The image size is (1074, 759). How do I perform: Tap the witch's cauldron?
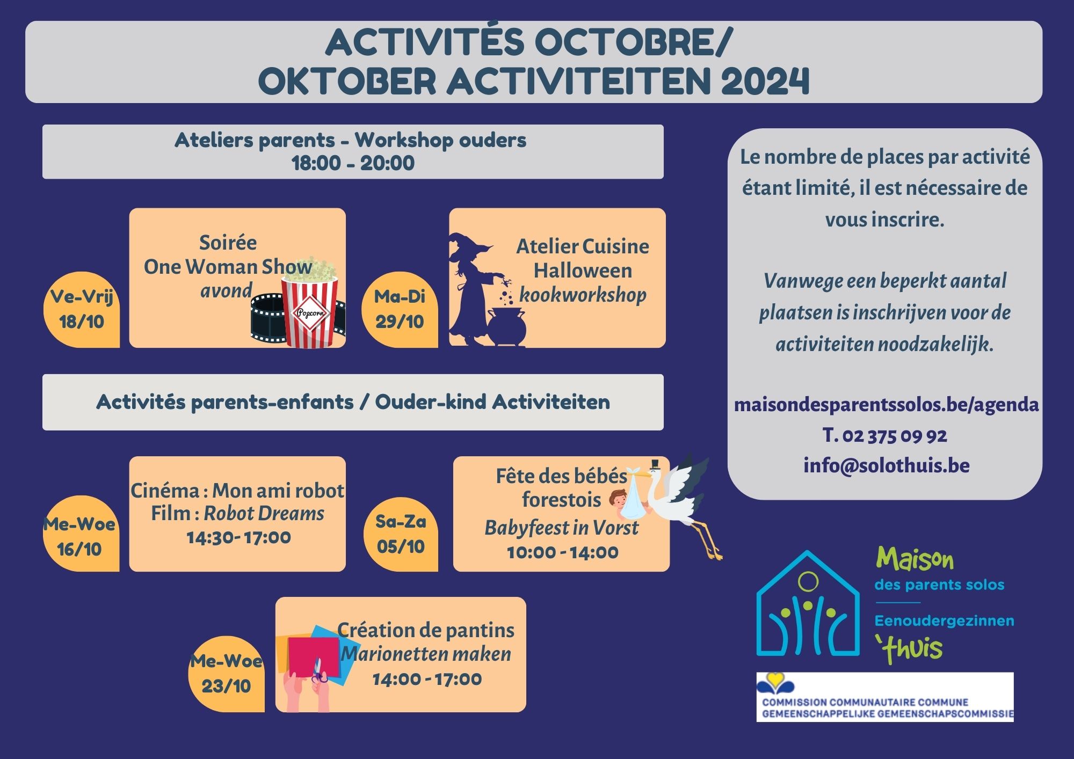coord(506,326)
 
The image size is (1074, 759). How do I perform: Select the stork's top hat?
coord(654,465)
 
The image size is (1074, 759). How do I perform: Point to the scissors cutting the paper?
coord(318,672)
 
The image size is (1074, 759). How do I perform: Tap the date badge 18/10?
coord(82,309)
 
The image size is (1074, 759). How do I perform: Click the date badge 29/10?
coord(400,309)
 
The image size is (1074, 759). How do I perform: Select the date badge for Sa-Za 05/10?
coord(401,534)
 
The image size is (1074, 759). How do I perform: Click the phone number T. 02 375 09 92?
coord(885,435)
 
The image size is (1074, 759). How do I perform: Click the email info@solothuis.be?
coord(887,465)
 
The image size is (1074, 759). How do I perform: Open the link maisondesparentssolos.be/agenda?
coord(886,405)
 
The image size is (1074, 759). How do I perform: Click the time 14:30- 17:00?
coord(238,537)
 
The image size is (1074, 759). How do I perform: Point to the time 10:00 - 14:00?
coord(562,552)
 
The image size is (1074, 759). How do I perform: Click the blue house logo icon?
coord(808,603)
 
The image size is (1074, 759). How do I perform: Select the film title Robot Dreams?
coord(264,513)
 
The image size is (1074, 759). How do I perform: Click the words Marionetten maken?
coord(426,654)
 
